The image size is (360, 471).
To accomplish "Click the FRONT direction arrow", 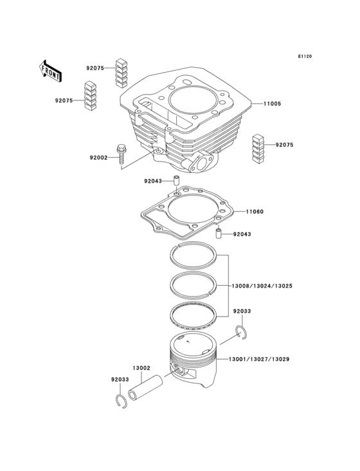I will [50, 69].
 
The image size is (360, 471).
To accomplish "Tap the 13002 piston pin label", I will [141, 368].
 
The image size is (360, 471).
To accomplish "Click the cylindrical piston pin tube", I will [145, 387].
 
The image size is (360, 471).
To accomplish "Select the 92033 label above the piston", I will [242, 311].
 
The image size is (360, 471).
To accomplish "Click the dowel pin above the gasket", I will [175, 183].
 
